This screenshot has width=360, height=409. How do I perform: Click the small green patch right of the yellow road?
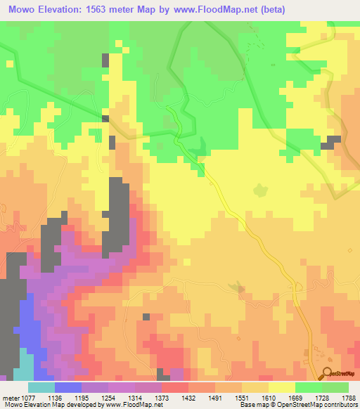261,190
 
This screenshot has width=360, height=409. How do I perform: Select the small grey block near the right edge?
328,145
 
